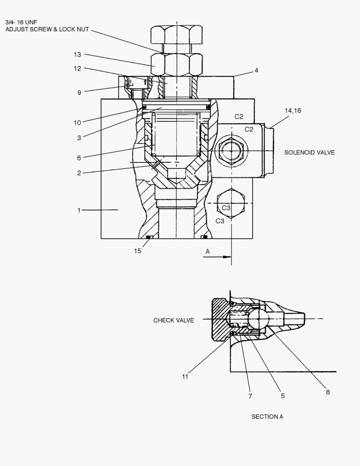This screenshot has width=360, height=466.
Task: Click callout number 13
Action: [77, 54]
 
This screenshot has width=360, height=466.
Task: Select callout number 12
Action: [77, 68]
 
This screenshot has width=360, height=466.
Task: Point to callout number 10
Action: [77, 123]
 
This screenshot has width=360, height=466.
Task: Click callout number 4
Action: [256, 70]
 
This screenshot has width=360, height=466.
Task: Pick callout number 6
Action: [79, 158]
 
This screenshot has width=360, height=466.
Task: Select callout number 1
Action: [79, 210]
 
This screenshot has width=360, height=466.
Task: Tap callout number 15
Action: [137, 251]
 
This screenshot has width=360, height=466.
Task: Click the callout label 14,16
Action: [293, 111]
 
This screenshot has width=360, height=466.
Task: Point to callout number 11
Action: [185, 377]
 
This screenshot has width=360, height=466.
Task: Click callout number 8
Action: [328, 392]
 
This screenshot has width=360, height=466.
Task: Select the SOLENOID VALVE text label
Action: [309, 152]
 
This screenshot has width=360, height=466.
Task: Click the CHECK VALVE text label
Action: [173, 320]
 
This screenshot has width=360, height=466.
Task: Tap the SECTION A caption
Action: [267, 416]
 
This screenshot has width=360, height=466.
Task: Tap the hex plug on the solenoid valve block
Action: [233, 151]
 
